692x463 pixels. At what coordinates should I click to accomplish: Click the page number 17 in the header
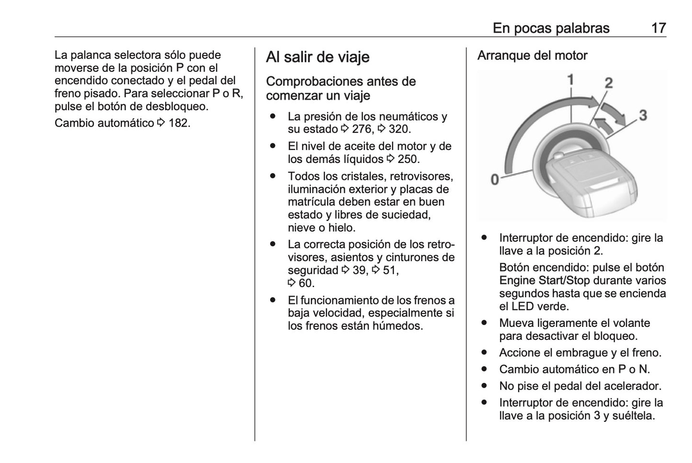tap(658, 28)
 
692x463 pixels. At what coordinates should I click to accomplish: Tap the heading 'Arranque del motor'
tap(532, 56)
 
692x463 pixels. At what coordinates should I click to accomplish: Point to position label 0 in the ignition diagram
tap(495, 180)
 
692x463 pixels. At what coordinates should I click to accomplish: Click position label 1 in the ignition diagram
tap(570, 79)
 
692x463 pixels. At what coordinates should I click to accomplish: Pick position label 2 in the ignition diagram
tap(608, 83)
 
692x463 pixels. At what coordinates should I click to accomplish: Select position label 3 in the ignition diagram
tap(643, 115)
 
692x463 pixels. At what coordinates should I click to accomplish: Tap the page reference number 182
tap(178, 123)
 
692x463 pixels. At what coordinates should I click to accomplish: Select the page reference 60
tap(306, 283)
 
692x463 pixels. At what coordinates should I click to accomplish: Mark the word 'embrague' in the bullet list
tap(584, 353)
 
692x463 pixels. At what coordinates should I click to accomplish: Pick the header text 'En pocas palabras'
tap(551, 28)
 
